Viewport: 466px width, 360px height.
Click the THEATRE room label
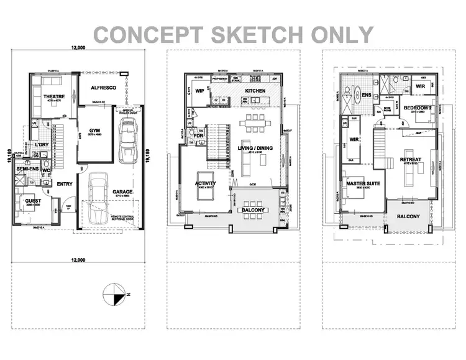coord(55,97)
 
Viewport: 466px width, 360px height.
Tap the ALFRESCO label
coord(104,88)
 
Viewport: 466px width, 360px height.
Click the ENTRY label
coord(65,183)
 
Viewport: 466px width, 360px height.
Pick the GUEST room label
coord(33,201)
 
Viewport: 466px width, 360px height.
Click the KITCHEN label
coord(255,91)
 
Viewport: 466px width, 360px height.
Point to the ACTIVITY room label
coord(206,183)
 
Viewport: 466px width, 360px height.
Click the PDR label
coord(199,135)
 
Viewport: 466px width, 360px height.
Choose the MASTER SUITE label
coord(358,183)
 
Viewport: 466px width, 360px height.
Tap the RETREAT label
coord(411,160)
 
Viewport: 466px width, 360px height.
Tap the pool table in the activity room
coord(204,193)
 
